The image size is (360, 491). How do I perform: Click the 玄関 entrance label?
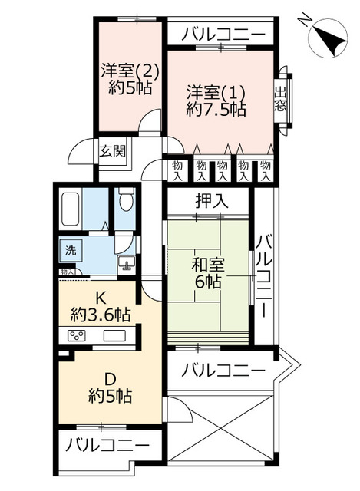112,150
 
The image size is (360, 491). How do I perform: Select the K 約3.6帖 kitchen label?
100,306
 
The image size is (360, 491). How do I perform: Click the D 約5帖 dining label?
109,388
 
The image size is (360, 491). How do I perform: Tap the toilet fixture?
127,202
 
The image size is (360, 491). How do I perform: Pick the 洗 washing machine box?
70,250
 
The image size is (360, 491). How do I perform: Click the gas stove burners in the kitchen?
78,335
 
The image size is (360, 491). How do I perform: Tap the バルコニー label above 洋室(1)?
220,34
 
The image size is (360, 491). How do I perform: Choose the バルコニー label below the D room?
107,444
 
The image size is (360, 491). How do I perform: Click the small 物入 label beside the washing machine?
68,272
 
